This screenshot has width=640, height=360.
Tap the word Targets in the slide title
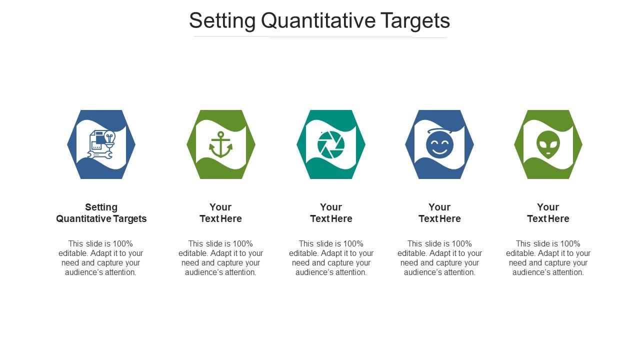point(415,21)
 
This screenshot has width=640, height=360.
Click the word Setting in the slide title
point(222,21)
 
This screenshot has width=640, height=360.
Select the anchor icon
point(220,144)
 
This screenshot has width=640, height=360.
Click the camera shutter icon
point(331,144)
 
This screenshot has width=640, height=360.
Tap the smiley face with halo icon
point(439,144)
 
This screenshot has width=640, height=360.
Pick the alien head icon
point(548,144)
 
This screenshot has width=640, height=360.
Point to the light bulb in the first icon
point(109,136)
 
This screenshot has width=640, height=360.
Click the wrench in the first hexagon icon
point(94,155)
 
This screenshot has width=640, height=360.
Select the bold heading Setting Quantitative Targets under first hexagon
point(101,213)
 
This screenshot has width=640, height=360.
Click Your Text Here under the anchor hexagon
point(220,213)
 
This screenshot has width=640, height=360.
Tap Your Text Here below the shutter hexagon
point(331,213)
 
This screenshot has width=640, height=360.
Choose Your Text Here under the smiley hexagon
point(439,213)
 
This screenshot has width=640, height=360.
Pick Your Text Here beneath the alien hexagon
point(548,213)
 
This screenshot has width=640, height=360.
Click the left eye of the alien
point(543,142)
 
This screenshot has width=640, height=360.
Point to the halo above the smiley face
point(439,131)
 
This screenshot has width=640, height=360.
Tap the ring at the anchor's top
point(220,133)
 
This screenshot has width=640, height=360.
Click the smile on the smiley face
point(439,150)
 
